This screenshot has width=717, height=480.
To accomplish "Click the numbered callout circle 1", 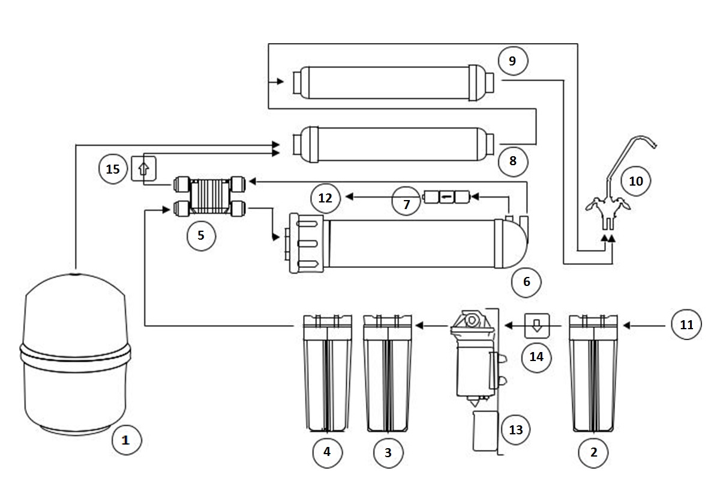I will (125, 440).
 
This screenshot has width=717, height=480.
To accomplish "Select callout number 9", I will (512, 61).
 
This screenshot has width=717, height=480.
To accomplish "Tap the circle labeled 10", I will (636, 180).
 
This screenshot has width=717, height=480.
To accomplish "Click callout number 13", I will (515, 430).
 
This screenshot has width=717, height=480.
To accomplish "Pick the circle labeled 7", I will (407, 204).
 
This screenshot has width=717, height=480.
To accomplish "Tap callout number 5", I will (200, 235).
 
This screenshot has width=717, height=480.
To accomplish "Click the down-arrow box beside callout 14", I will (536, 325).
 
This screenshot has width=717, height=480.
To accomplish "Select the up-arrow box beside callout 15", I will (143, 168).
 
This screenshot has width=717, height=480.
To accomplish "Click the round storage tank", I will (75, 354).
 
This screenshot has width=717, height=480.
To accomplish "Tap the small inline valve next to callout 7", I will (446, 196).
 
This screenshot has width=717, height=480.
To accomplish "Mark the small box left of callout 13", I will (484, 430).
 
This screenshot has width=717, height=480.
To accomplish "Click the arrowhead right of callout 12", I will (349, 196).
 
